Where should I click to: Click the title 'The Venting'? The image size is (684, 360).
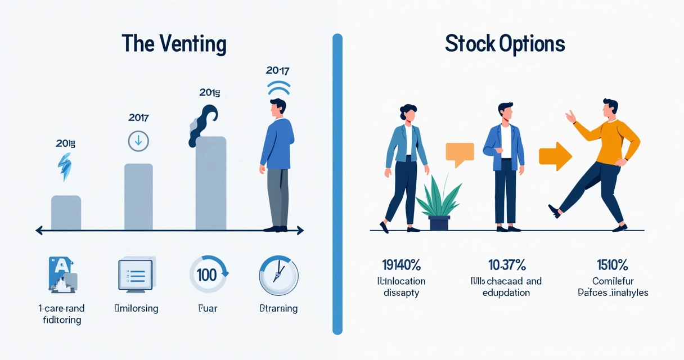(x=174, y=44)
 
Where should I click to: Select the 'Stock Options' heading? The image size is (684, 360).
(x=505, y=44)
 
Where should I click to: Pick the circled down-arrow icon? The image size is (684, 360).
(x=138, y=141)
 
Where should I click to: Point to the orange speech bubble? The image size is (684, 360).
(x=459, y=154)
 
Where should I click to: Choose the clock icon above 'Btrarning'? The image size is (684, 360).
(x=278, y=276)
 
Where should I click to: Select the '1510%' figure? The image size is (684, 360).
(x=613, y=264)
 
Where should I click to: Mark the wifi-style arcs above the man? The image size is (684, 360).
(x=278, y=89)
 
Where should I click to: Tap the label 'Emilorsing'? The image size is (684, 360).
(x=136, y=308)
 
